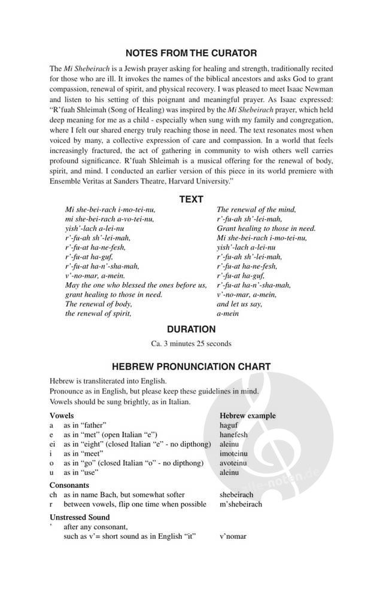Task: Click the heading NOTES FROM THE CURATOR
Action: (x=191, y=53)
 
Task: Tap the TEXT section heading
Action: (x=191, y=199)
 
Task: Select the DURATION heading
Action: (x=191, y=329)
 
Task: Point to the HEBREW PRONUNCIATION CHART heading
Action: (x=191, y=366)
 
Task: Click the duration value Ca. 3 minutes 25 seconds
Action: (x=191, y=344)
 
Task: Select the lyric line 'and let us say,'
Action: (x=239, y=304)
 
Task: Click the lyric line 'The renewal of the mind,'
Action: (x=256, y=209)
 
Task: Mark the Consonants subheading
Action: (x=69, y=485)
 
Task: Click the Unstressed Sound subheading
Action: (x=80, y=517)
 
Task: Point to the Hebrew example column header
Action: (x=247, y=415)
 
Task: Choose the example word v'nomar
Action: (x=233, y=536)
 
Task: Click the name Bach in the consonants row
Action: (x=112, y=495)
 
